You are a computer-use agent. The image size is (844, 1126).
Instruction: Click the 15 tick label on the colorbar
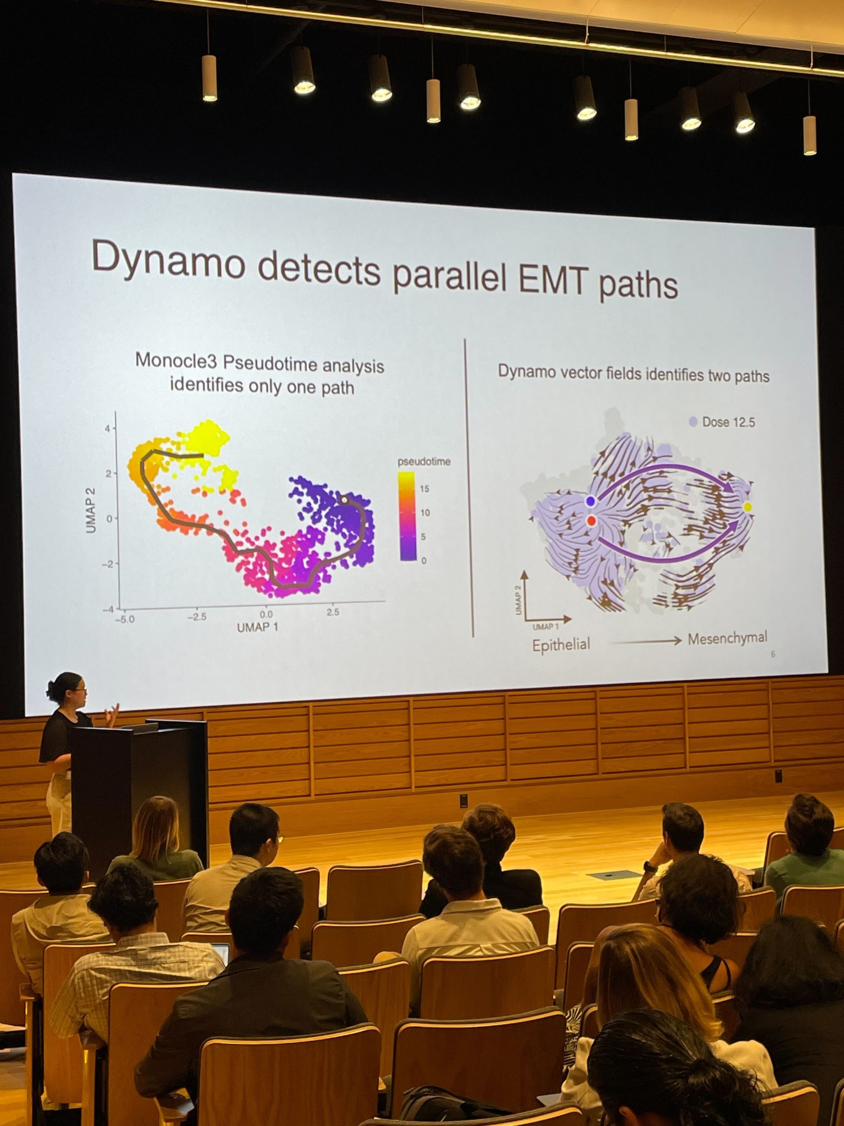click(424, 489)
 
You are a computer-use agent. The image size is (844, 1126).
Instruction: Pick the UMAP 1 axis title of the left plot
click(258, 627)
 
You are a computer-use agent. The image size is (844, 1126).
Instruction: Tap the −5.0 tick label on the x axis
click(124, 619)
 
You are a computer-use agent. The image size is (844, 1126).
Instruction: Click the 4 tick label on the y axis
click(107, 428)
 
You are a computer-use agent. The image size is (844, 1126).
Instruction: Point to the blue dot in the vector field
click(590, 501)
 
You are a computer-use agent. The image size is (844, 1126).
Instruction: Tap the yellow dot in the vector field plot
click(747, 507)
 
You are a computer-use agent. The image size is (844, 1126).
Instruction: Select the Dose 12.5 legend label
click(728, 422)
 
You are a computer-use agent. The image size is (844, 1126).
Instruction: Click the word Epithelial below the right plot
click(561, 645)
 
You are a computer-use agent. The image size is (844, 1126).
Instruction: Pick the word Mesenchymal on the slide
click(727, 638)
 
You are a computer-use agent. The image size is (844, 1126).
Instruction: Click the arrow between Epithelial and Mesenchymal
click(644, 641)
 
